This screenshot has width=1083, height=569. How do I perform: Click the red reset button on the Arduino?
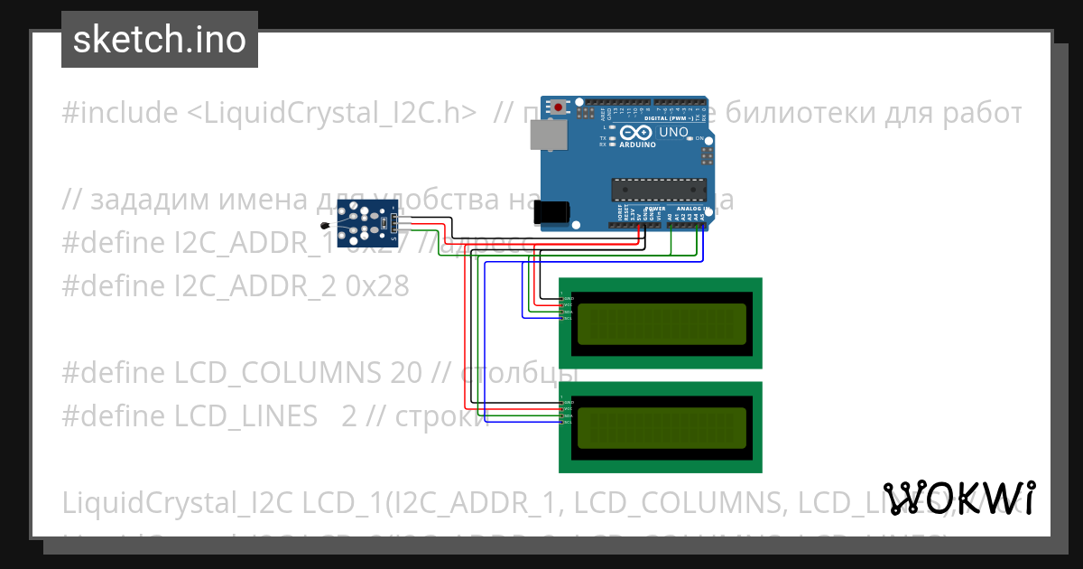point(560,107)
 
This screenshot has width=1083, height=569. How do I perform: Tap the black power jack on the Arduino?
point(551,212)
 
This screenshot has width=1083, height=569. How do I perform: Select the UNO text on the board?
point(673,132)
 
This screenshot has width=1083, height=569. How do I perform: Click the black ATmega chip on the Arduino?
point(656,189)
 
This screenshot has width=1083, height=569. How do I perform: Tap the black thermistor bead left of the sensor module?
point(325,223)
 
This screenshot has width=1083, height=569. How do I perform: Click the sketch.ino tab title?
point(160,40)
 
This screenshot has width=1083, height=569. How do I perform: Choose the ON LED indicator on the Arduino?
point(690,137)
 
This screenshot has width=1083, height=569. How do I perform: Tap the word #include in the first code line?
point(120,113)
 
